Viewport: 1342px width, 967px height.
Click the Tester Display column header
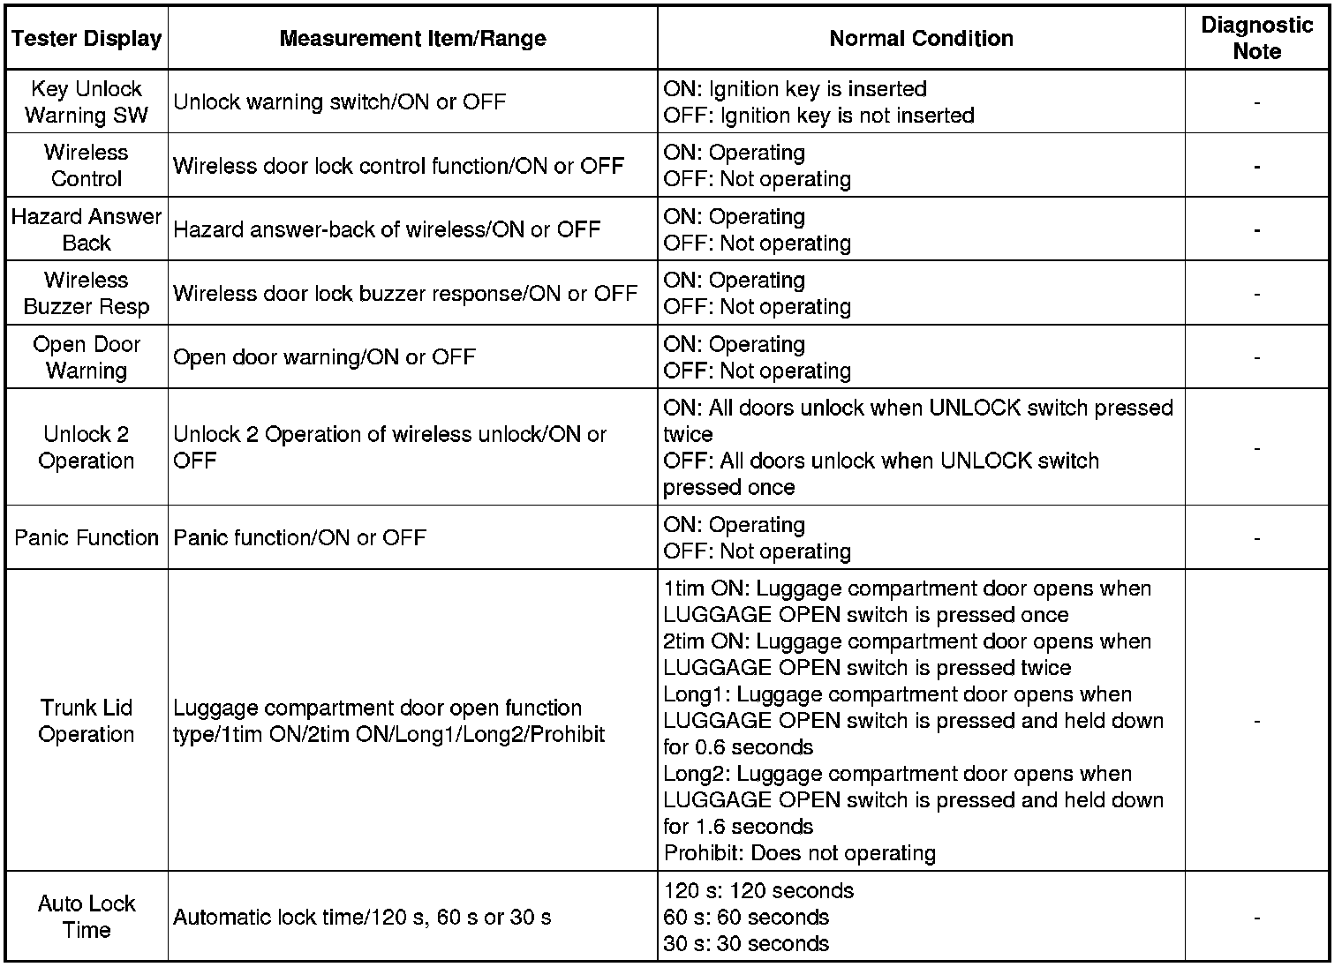coord(87,39)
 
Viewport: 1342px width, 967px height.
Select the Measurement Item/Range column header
coord(412,39)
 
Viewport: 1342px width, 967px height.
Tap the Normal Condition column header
coord(921,39)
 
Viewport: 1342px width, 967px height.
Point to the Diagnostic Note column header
coord(1256,39)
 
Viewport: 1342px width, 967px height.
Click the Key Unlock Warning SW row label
coord(87,102)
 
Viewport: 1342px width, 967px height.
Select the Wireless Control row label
coord(87,166)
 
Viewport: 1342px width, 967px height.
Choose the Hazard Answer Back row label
coord(87,229)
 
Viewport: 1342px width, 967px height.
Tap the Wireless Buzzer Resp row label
coord(87,294)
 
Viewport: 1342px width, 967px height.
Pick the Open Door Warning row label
coord(87,357)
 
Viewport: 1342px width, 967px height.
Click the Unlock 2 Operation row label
coord(87,447)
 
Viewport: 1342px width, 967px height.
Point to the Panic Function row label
coord(87,538)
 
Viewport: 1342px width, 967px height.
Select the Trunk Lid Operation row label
coord(87,721)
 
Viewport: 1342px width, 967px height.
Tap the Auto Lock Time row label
coord(87,917)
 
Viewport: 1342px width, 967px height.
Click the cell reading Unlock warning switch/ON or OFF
coord(340,102)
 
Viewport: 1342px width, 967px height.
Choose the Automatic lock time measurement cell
coord(362,918)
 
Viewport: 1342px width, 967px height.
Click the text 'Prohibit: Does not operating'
coord(799,853)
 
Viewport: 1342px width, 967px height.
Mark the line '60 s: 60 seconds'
coord(746,918)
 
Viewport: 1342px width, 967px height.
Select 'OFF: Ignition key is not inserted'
coord(818,116)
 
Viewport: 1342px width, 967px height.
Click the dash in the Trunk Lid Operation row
coord(1256,722)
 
